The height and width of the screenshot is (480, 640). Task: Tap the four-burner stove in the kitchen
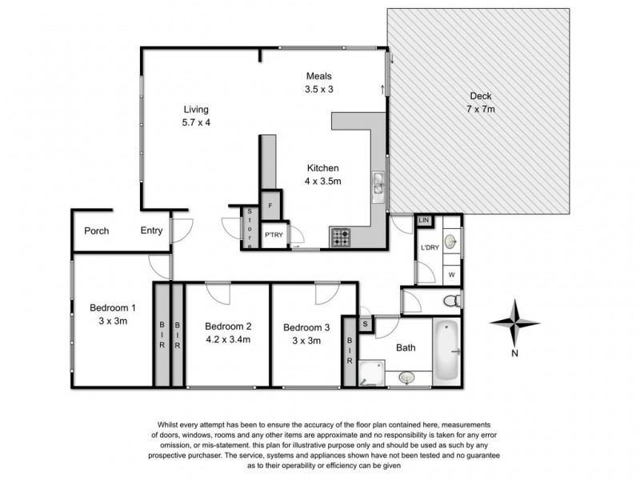click(340, 238)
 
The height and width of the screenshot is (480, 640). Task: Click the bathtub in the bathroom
click(446, 350)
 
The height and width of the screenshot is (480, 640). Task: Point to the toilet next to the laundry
click(452, 301)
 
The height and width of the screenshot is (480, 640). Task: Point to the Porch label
click(97, 230)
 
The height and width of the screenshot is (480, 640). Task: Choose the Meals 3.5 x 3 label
click(318, 82)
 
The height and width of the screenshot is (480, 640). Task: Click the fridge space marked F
click(271, 206)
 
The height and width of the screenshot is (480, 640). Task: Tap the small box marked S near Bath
click(365, 324)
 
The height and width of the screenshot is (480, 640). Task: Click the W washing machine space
click(451, 274)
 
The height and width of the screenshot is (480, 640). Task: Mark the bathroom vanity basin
click(407, 377)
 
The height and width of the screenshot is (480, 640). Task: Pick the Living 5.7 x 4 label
click(196, 116)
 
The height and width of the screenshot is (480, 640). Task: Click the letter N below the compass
click(516, 353)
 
